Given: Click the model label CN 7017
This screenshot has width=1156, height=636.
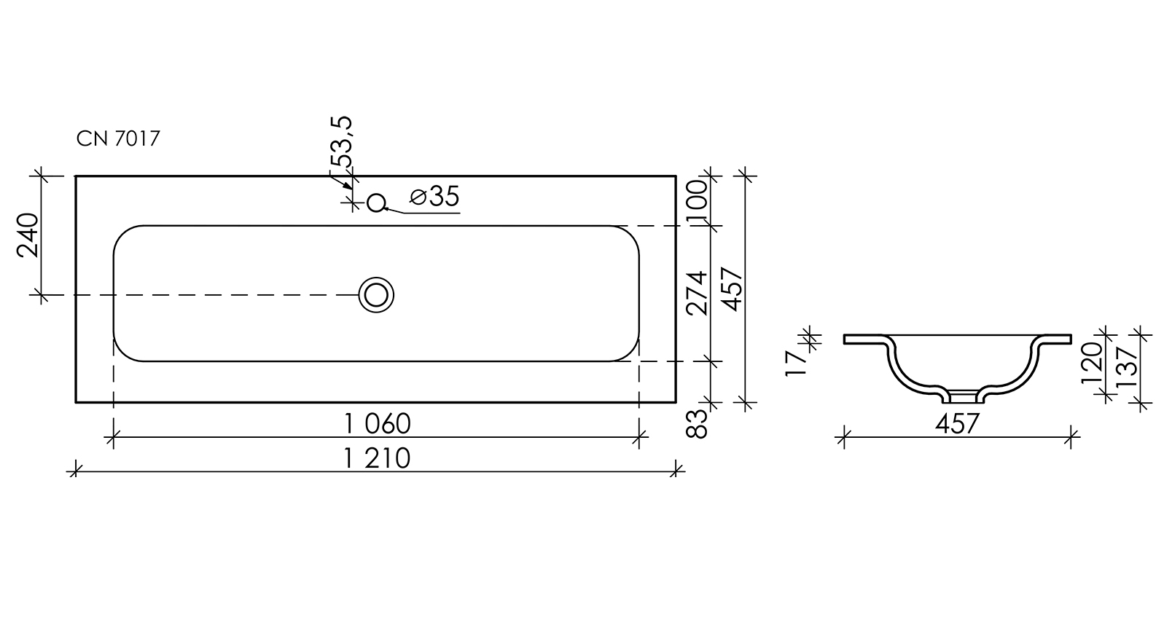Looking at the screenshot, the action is [118, 138].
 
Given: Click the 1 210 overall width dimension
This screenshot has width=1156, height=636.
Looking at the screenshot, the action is [378, 458].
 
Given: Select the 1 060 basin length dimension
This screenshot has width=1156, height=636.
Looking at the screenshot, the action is [378, 424].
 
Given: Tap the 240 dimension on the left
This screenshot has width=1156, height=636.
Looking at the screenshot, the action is [28, 235].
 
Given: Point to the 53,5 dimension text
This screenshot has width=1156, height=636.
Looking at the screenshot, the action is [342, 141].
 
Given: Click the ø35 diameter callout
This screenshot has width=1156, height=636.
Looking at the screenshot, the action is [434, 197].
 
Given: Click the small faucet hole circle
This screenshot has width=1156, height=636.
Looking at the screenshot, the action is [376, 203].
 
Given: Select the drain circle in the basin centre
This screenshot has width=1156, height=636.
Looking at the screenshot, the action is [376, 295].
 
